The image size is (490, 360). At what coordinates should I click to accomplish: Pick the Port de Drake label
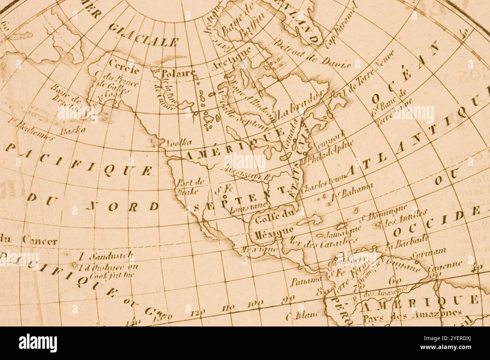pyautogui.click(x=190, y=186)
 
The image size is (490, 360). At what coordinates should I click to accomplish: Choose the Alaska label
pyautogui.click(x=73, y=130)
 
